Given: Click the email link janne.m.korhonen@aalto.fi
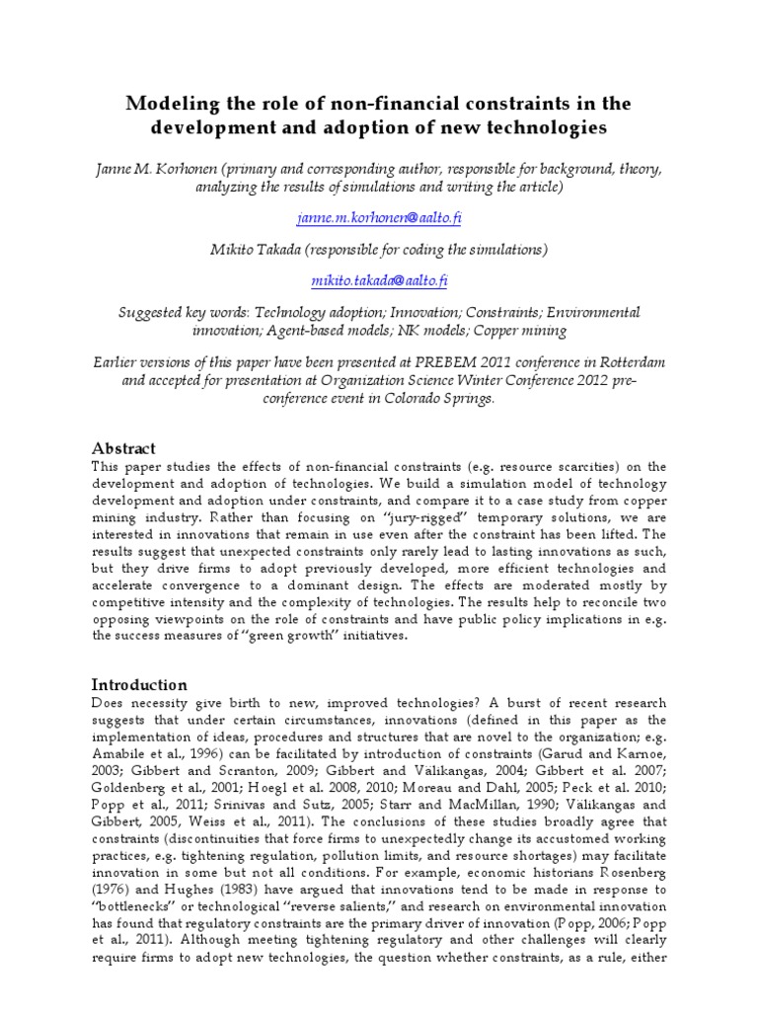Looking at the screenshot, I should [x=372, y=217].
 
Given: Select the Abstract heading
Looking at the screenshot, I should [x=123, y=448].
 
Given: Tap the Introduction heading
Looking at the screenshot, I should [x=139, y=684].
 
